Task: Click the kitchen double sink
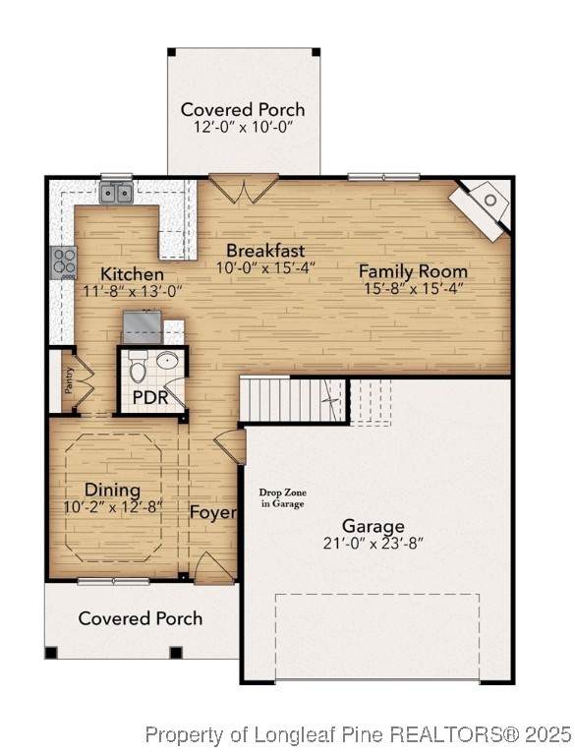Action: click(116, 193)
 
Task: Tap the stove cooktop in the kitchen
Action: click(64, 262)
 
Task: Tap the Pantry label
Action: click(70, 379)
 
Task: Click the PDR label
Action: click(150, 398)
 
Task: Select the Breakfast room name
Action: click(265, 251)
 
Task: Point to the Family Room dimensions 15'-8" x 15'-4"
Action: click(414, 288)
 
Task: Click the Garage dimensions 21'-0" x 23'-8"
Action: click(374, 544)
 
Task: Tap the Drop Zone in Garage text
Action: click(282, 498)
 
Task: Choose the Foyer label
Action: click(213, 512)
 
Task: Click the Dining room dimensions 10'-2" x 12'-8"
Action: click(114, 507)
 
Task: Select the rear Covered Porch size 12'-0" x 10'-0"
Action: click(244, 127)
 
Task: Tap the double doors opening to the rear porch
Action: click(243, 189)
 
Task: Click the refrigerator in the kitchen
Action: click(143, 327)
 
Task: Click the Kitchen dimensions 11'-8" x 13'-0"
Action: click(134, 291)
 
